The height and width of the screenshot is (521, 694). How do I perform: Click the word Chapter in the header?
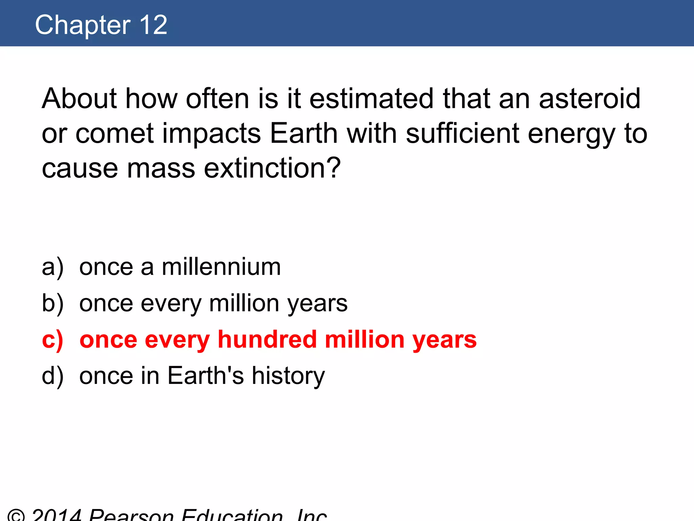83,25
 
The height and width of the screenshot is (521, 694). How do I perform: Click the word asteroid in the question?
590,98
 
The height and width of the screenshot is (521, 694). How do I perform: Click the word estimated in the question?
371,98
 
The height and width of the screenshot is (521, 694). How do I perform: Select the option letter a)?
53,267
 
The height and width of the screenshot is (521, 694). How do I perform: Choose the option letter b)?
53,303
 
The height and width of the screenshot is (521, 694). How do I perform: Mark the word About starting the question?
79,98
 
